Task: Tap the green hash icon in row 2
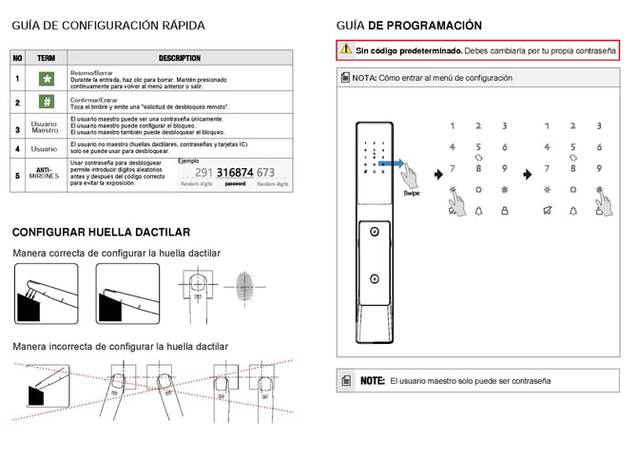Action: pyautogui.click(x=45, y=102)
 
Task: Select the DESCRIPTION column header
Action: pyautogui.click(x=180, y=58)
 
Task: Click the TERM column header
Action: pyautogui.click(x=46, y=58)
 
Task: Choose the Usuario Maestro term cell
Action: pyautogui.click(x=44, y=126)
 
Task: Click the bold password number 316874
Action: pyautogui.click(x=235, y=173)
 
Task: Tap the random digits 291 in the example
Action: pyautogui.click(x=203, y=173)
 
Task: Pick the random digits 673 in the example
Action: pyautogui.click(x=266, y=173)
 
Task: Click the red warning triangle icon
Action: pyautogui.click(x=346, y=48)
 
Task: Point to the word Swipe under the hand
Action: pyautogui.click(x=411, y=193)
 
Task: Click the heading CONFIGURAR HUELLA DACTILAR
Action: pyautogui.click(x=101, y=232)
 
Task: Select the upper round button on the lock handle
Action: pyautogui.click(x=375, y=232)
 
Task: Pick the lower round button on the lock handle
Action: pyautogui.click(x=375, y=279)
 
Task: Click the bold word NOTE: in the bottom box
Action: pyautogui.click(x=372, y=381)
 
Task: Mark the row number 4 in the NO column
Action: pyautogui.click(x=17, y=149)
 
